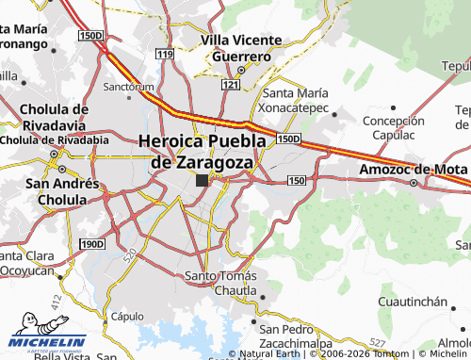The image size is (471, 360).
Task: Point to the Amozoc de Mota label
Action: click(413, 171)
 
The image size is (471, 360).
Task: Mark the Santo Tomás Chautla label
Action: click(219, 283)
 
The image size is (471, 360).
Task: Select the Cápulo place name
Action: click(127, 317)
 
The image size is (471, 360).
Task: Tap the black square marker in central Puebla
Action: click(202, 180)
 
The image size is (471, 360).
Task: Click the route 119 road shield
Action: click(166, 55)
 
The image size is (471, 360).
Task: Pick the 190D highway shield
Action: click(91, 244)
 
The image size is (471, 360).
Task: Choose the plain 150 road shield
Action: click(297, 179)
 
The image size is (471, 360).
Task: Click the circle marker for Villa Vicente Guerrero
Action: click(241, 69)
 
